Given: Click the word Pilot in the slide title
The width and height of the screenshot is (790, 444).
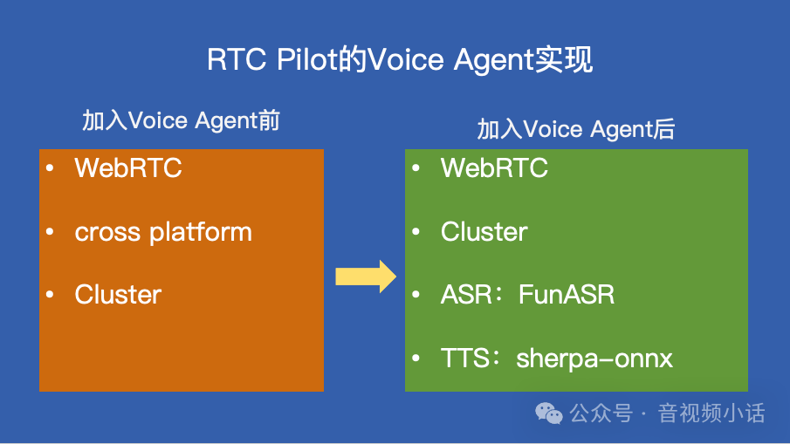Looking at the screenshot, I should pyautogui.click(x=310, y=60).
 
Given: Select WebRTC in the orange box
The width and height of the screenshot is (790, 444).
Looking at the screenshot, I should pyautogui.click(x=128, y=167).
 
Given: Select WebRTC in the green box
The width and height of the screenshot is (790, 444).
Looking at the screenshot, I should pyautogui.click(x=494, y=167).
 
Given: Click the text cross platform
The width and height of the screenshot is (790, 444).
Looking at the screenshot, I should pyautogui.click(x=163, y=232).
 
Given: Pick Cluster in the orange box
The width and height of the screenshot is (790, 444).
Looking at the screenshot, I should pyautogui.click(x=118, y=295).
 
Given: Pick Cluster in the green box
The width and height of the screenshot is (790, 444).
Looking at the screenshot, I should pyautogui.click(x=484, y=232).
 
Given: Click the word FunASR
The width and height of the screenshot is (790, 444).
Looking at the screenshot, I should pyautogui.click(x=567, y=295).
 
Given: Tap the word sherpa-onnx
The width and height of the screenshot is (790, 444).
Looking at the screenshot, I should pyautogui.click(x=594, y=359).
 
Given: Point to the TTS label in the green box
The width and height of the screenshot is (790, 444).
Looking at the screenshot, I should pyautogui.click(x=463, y=359).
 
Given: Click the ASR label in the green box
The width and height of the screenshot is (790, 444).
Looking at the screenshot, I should pyautogui.click(x=464, y=295).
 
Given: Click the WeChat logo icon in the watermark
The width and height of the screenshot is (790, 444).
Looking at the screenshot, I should pyautogui.click(x=550, y=413).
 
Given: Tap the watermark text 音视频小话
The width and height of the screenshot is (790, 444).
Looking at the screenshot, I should pyautogui.click(x=711, y=413).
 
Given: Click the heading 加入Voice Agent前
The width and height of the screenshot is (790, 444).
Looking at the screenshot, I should pyautogui.click(x=181, y=120).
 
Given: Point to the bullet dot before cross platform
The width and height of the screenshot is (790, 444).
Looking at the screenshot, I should pyautogui.click(x=51, y=232).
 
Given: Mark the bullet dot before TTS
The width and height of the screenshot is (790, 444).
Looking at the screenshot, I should pyautogui.click(x=416, y=359).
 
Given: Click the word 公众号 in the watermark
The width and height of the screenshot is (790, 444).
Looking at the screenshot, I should pyautogui.click(x=601, y=413).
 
